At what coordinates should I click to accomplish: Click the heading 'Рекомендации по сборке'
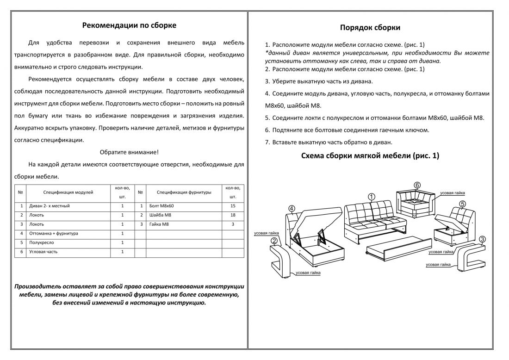[x=129, y=25]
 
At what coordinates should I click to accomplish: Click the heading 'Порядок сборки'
[x=370, y=28]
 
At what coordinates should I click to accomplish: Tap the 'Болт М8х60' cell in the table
[x=162, y=205]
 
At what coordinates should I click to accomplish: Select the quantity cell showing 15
[x=233, y=205]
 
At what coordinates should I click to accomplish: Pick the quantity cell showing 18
[x=233, y=215]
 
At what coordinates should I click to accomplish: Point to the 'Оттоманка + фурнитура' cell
[x=54, y=233]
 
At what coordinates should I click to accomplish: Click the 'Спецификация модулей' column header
[x=68, y=192]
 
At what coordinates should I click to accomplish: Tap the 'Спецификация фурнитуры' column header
[x=184, y=192]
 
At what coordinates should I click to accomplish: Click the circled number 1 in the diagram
[x=372, y=196]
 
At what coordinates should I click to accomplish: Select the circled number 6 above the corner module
[x=417, y=186]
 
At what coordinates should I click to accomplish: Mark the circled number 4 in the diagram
[x=292, y=208]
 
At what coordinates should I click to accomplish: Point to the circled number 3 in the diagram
[x=482, y=239]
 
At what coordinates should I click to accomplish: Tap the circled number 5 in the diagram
[x=463, y=204]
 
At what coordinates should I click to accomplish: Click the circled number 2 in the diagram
[x=274, y=241]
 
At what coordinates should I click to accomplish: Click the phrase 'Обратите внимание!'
[x=129, y=152]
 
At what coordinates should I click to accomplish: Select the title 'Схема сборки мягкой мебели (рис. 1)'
[x=370, y=156]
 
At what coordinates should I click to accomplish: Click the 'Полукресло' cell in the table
[x=42, y=242]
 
